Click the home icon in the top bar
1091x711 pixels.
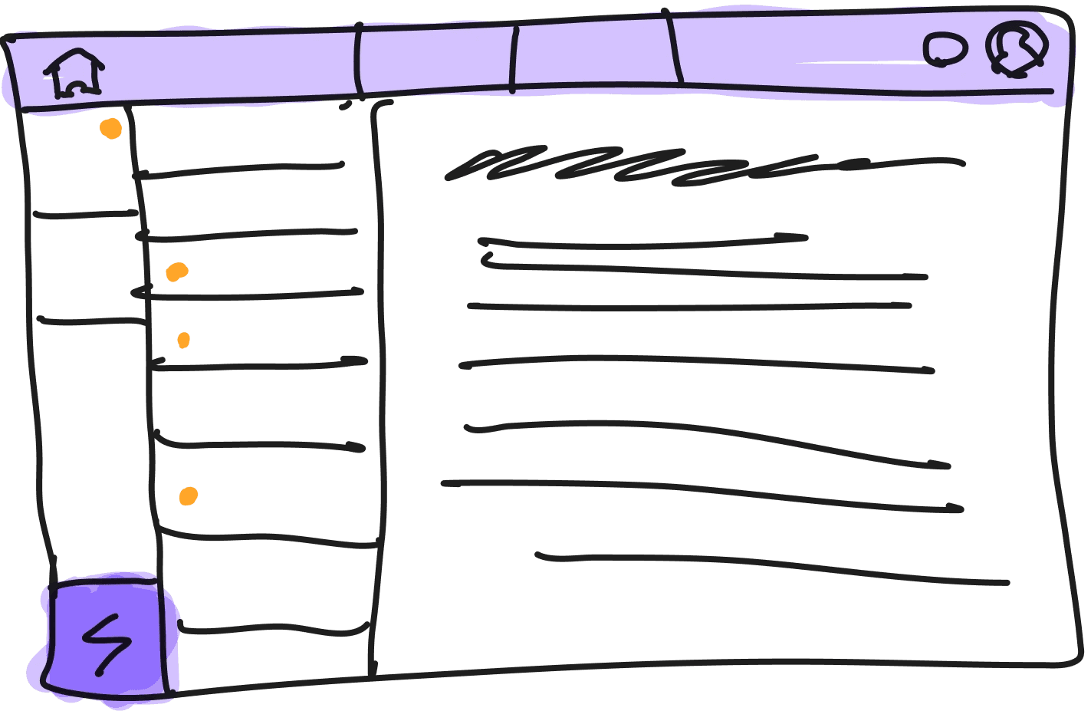74,74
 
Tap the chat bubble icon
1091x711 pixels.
945,50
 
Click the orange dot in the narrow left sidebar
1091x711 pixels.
110,129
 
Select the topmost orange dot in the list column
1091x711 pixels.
177,272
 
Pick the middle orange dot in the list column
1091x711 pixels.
183,340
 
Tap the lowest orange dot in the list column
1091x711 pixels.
188,497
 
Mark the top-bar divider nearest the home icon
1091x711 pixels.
357,58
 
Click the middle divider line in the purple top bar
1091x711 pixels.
514,58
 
